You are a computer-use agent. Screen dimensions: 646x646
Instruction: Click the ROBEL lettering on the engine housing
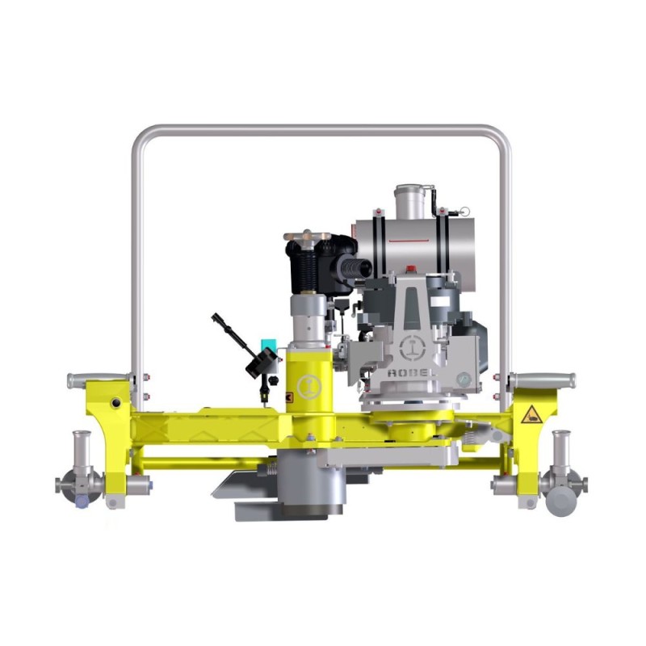411,373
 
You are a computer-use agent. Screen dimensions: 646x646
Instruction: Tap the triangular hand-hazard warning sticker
531,415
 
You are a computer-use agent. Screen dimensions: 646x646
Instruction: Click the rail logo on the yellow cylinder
310,387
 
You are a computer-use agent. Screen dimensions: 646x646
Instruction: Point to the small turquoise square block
269,344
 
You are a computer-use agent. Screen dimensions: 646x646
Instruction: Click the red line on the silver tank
409,241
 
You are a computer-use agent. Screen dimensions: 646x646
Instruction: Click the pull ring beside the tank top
464,211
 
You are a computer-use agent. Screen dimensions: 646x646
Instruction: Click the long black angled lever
233,337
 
